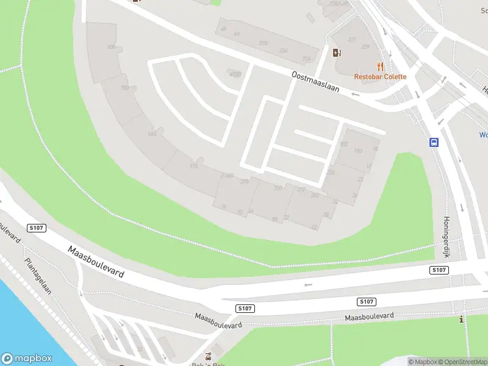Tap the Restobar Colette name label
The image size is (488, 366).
(380, 77)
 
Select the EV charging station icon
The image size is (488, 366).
(336, 52)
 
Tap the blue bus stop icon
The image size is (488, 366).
(434, 143)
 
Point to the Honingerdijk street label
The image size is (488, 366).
(447, 236)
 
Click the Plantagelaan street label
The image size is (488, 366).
(38, 276)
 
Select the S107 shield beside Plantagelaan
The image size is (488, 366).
(37, 228)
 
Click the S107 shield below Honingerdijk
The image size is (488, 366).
(439, 270)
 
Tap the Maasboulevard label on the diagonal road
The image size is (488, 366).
(96, 262)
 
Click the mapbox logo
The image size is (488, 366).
(27, 359)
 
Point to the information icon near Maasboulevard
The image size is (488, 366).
(462, 319)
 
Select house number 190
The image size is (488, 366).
(358, 151)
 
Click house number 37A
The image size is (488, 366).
(264, 43)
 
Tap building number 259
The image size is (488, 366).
(365, 46)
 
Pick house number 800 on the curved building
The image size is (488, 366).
(111, 47)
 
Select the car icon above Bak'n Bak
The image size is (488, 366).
(209, 356)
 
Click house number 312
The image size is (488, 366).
(301, 190)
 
